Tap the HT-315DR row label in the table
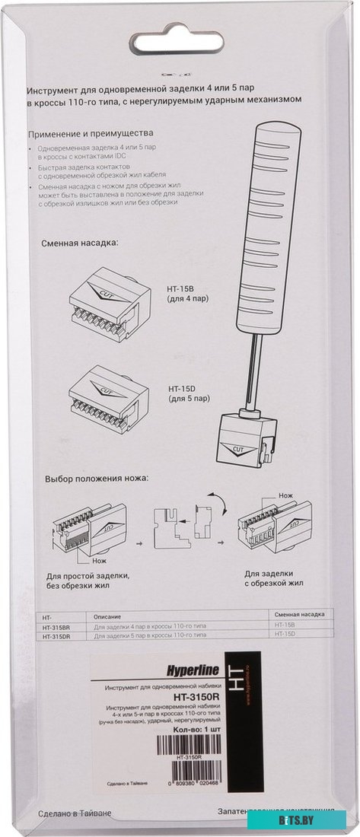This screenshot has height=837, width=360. tap(57, 633)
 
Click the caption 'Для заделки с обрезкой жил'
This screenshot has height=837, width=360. tap(274, 578)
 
